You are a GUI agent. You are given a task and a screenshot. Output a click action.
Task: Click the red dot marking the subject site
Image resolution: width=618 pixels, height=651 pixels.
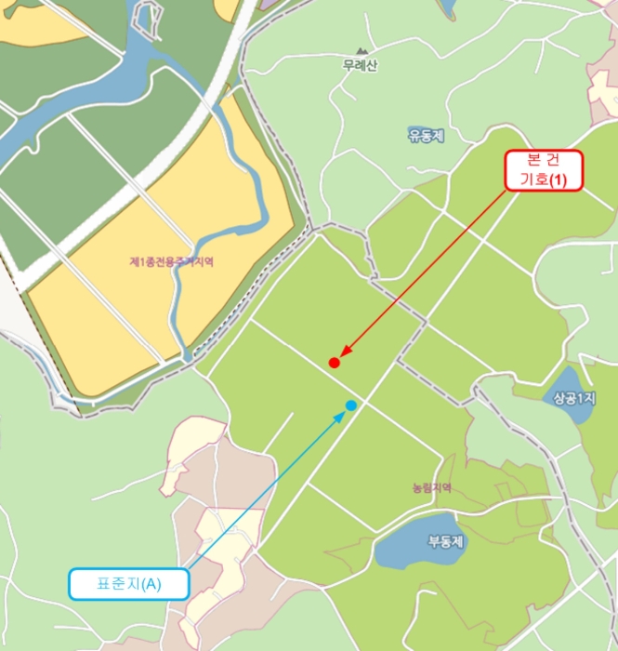point(334,362)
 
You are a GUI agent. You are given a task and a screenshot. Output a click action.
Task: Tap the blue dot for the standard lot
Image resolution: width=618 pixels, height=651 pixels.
point(351,405)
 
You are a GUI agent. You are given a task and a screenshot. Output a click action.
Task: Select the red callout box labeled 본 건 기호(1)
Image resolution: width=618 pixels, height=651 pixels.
point(544,170)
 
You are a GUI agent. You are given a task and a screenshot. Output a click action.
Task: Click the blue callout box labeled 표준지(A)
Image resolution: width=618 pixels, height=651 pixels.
point(129,584)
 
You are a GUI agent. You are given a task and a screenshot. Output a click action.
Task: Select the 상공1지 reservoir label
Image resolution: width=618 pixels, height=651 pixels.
point(573,399)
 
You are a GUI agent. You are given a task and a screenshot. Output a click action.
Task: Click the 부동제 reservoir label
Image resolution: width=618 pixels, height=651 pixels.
point(446,540)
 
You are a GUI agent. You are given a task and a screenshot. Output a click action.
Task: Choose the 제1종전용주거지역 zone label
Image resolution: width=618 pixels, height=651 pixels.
point(172,263)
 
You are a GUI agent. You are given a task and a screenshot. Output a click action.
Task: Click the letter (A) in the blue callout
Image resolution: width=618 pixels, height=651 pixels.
point(151,584)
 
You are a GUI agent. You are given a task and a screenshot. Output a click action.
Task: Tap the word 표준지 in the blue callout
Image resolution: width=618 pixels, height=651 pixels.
point(117,584)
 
